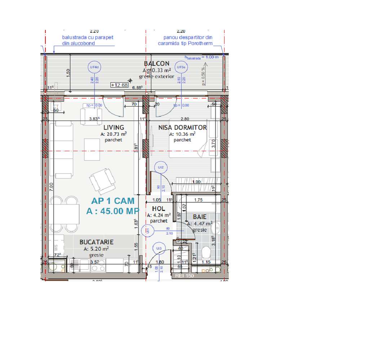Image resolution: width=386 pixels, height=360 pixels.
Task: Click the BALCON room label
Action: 156,64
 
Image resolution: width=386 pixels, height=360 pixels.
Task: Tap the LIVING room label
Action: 114,127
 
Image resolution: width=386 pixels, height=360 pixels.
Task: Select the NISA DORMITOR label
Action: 183,127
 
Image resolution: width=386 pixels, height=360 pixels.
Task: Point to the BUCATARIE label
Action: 97,242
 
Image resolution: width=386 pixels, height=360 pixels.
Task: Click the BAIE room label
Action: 200,217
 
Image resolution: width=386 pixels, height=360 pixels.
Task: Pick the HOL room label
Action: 159,209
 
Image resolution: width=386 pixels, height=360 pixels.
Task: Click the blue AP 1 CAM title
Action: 113,201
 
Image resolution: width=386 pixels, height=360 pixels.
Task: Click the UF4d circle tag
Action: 94,67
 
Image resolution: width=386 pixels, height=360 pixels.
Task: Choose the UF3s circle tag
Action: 181,67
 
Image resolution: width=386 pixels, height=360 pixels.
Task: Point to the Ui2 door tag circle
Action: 161,167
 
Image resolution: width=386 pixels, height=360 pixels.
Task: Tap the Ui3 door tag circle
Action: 159,248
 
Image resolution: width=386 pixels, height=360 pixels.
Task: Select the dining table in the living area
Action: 67,214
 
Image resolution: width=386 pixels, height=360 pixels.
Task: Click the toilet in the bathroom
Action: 207,251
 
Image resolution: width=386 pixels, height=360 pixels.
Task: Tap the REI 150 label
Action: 185,276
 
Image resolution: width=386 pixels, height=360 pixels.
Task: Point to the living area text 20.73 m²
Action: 114,134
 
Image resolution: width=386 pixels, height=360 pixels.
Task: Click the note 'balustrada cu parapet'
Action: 88,37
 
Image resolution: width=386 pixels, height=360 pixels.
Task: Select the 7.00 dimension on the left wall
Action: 52,186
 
